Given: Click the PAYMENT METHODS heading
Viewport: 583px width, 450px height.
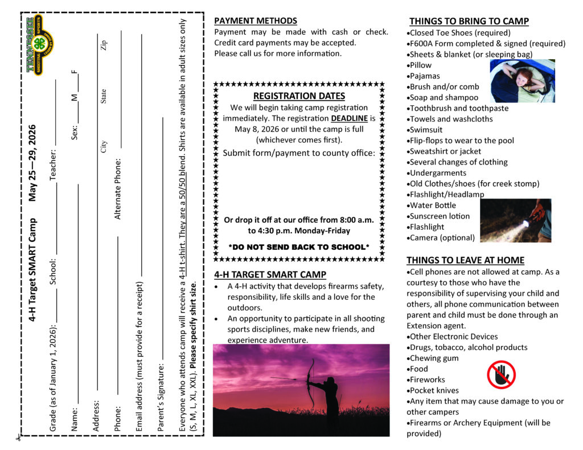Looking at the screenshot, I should [256, 20].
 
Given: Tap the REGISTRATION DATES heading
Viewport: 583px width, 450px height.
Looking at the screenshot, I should [299, 96].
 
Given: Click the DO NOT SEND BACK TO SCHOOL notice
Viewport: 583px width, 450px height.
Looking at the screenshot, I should [299, 247].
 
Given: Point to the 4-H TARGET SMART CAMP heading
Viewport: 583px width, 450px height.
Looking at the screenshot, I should [270, 274].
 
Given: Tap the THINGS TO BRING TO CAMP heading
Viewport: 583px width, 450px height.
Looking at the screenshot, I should [469, 21].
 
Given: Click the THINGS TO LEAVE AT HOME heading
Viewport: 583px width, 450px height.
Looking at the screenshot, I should [465, 260].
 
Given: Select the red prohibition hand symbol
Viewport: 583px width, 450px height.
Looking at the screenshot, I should [501, 375].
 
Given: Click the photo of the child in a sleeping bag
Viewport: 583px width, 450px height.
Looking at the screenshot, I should [522, 81].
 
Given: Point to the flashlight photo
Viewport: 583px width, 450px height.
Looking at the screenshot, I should [515, 220].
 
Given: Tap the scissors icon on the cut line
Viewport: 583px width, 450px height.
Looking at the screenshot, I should [18, 437].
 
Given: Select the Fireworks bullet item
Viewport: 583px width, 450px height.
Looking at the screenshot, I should [428, 379].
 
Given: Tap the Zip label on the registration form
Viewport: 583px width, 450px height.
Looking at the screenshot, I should [104, 45].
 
